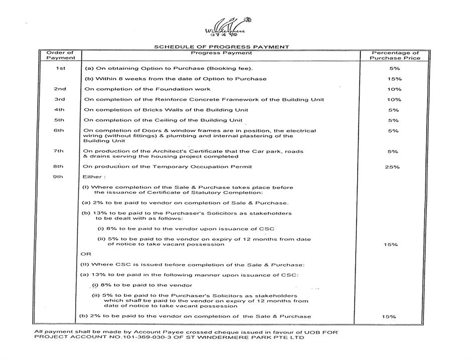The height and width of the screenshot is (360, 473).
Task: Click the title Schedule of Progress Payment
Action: pyautogui.click(x=221, y=47)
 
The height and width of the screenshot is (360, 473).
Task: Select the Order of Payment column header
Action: pyautogui.click(x=60, y=55)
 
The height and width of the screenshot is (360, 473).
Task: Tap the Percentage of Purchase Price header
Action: pyautogui.click(x=395, y=55)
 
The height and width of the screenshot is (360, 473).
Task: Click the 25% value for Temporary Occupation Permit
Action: pyautogui.click(x=392, y=167)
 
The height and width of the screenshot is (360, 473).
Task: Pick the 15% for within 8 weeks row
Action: pyautogui.click(x=394, y=79)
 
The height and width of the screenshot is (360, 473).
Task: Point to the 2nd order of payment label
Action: pyautogui.click(x=60, y=89)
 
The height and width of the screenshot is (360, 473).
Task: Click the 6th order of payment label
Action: pyautogui.click(x=60, y=131)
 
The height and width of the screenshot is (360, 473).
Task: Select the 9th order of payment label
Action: pyautogui.click(x=60, y=177)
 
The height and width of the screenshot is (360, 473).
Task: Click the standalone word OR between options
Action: pyautogui.click(x=86, y=254)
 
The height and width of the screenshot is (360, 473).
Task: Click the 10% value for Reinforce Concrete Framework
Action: pyautogui.click(x=394, y=99)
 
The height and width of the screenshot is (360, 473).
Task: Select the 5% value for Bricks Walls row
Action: pyautogui.click(x=394, y=110)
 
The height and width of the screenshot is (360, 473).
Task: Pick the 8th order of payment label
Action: pyautogui.click(x=60, y=166)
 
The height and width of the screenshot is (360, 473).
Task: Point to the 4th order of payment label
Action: pyautogui.click(x=60, y=109)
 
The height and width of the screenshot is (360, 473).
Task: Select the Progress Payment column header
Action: pyautogui.click(x=221, y=53)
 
